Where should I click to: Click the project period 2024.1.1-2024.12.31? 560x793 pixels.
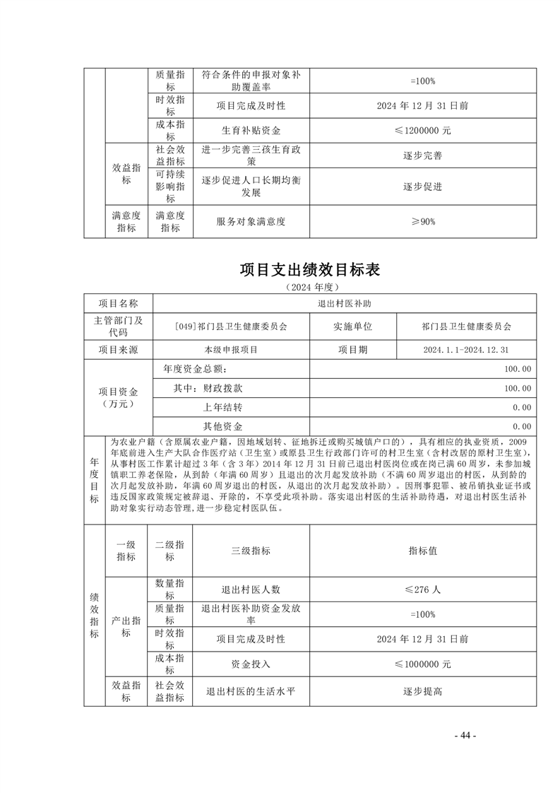(466, 349)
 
